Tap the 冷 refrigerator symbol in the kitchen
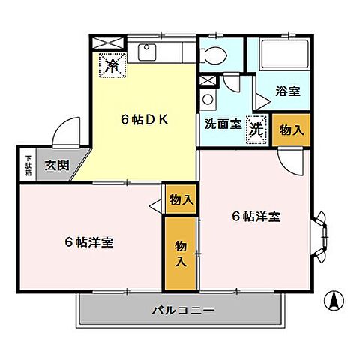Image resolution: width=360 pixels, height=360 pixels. coord(111,65)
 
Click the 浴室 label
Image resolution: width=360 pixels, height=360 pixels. coord(288,91)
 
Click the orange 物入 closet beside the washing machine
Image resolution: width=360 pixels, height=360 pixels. coord(289,130)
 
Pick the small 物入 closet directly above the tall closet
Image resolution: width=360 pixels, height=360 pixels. coord(181,200)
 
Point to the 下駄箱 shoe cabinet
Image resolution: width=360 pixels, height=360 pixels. coord(27,164)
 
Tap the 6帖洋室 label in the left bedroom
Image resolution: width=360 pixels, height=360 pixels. coord(89,242)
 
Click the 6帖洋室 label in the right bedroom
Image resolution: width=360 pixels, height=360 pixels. coord(255,217)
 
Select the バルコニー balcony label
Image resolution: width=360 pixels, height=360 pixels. coord(183,309)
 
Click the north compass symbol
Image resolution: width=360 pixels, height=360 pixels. coord(333,300)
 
